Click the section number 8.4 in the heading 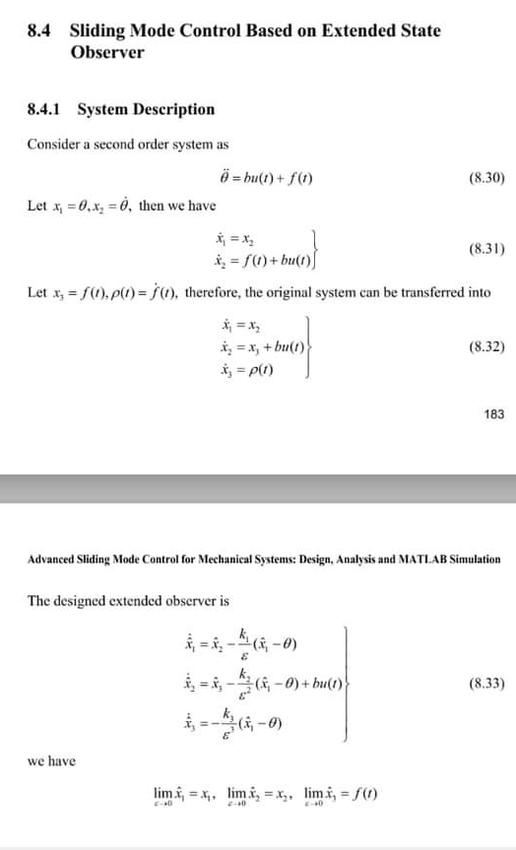point(38,30)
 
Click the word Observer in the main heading point(107,51)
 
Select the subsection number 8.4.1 point(47,109)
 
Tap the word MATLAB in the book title point(414,559)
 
